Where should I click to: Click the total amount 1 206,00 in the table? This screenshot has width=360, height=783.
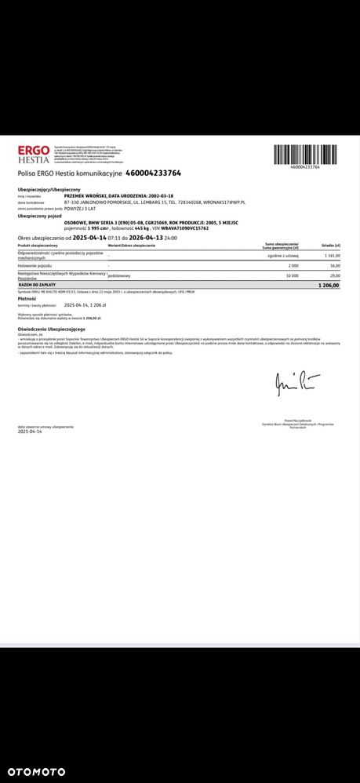[x=329, y=285]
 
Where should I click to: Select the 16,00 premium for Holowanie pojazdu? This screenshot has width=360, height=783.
[x=335, y=266]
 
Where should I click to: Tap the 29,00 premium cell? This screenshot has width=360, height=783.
[x=335, y=276]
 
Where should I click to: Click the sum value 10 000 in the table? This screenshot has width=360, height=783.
[x=293, y=276]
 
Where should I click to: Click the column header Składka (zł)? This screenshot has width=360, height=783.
[x=331, y=246]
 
